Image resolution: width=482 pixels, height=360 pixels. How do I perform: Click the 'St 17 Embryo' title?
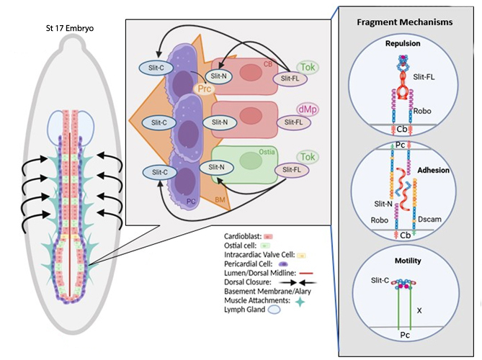pyautogui.click(x=71, y=28)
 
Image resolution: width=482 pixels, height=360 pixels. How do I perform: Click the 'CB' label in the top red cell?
pyautogui.click(x=270, y=64)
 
